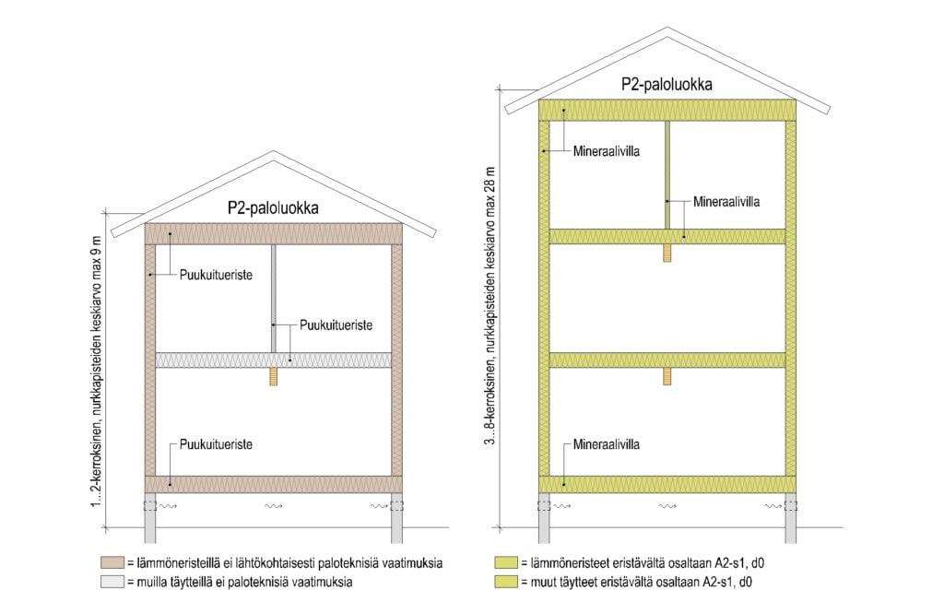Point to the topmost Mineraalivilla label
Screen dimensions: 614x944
(606, 150)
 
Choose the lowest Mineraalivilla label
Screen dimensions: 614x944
(606, 444)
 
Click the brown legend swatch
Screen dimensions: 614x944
(113, 562)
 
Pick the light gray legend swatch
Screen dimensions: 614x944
(113, 582)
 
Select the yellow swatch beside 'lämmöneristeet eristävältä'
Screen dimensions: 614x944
(506, 562)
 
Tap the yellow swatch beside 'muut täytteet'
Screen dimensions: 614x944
(506, 582)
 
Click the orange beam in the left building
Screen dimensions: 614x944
(273, 376)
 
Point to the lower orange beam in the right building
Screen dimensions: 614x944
(667, 376)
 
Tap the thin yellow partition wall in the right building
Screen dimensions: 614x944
(667, 175)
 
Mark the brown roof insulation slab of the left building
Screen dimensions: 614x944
(273, 234)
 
